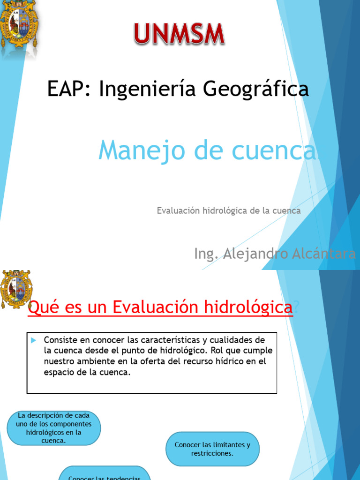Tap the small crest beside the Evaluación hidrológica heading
tap(16, 289)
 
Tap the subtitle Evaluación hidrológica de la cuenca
tap(228, 210)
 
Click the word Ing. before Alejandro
tap(206, 255)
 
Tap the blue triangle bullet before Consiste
tap(33, 340)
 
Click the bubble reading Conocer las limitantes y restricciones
tap(212, 449)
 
